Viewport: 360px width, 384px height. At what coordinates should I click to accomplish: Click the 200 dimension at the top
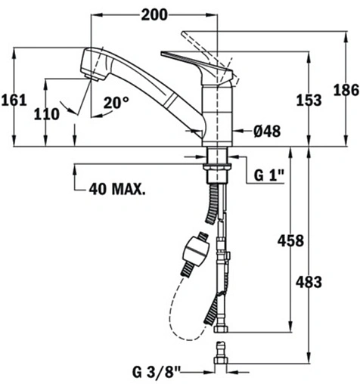[154, 14]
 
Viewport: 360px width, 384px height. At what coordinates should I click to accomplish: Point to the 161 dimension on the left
[14, 100]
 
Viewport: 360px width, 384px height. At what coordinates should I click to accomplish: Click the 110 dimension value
[47, 114]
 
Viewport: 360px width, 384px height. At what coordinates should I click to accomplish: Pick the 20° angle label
[116, 102]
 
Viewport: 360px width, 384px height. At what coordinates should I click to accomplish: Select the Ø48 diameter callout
[267, 131]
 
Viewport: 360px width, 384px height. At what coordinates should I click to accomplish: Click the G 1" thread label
[268, 175]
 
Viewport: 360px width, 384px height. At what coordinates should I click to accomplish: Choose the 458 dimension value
[290, 241]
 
